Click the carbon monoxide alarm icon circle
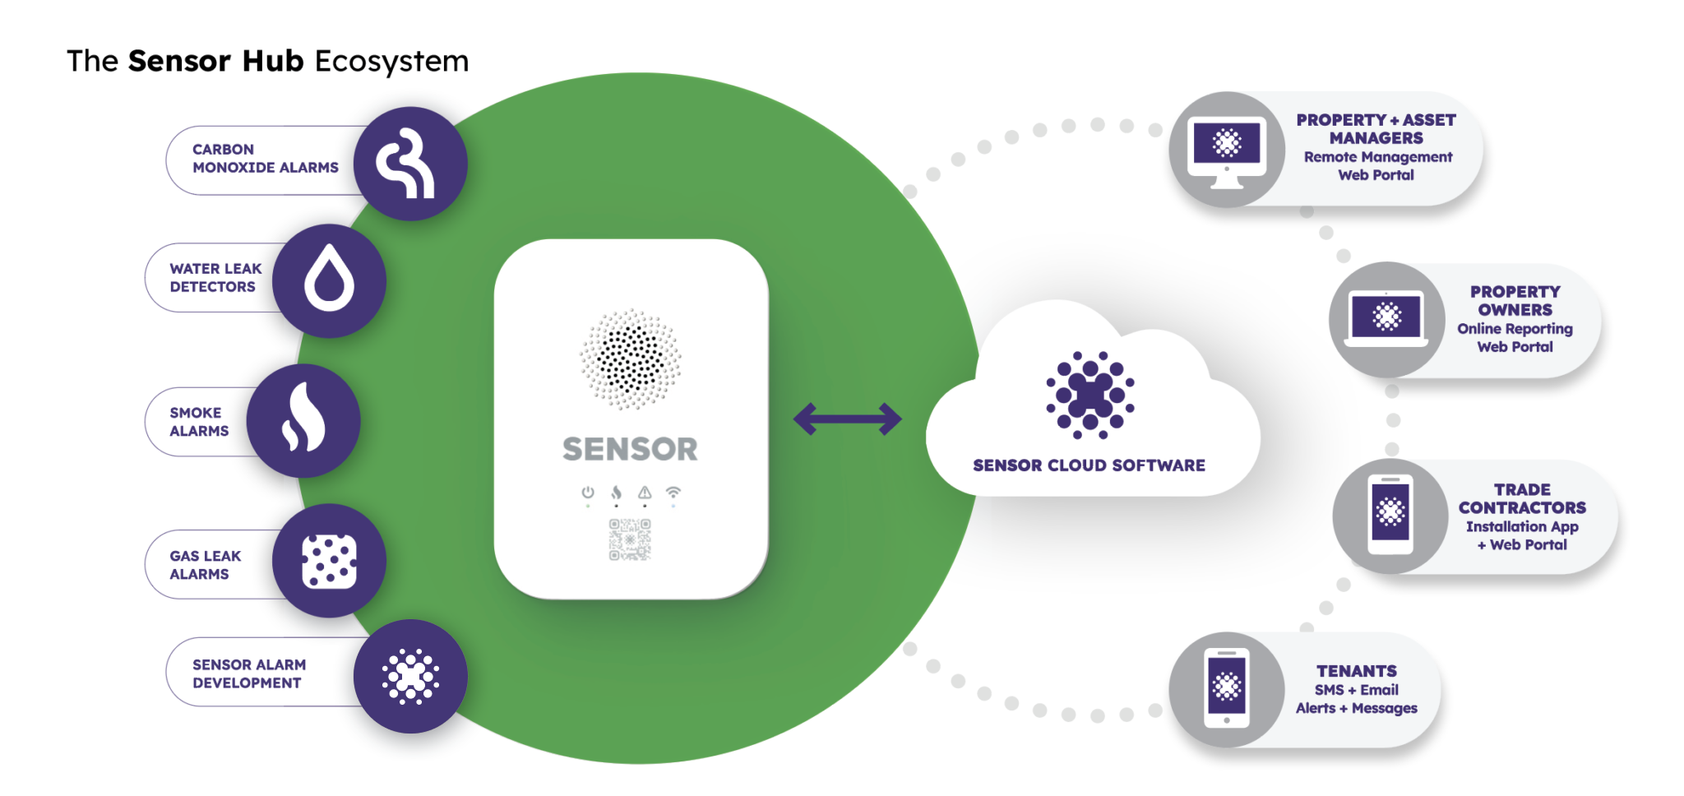pyautogui.click(x=410, y=164)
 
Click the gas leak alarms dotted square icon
pyautogui.click(x=329, y=562)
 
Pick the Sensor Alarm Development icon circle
pyautogui.click(x=410, y=676)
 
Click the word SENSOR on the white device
pyautogui.click(x=630, y=449)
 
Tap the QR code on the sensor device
pyautogui.click(x=630, y=539)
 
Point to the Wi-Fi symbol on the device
pyautogui.click(x=673, y=493)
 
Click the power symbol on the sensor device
pyautogui.click(x=588, y=493)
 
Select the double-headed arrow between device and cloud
pyautogui.click(x=848, y=419)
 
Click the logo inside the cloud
pyautogui.click(x=1090, y=395)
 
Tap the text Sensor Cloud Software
pyautogui.click(x=1089, y=465)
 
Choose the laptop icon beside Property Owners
pyautogui.click(x=1386, y=318)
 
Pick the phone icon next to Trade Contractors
pyautogui.click(x=1390, y=515)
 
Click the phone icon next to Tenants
pyautogui.click(x=1227, y=688)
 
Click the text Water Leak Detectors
pyautogui.click(x=215, y=278)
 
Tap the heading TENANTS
pyautogui.click(x=1357, y=671)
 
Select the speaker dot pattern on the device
pyautogui.click(x=631, y=359)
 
